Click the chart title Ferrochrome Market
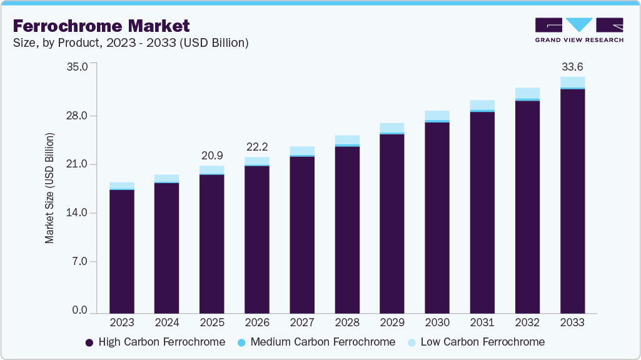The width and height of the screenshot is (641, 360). [x=101, y=26]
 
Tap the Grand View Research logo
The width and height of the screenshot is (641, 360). [x=578, y=30]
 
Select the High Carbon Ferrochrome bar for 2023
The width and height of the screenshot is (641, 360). [x=122, y=250]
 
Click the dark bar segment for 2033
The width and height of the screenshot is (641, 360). [x=572, y=200]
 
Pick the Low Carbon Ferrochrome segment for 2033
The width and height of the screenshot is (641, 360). [x=572, y=82]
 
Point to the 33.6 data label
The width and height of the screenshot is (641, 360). [x=572, y=67]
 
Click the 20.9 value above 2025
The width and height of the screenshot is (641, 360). [x=212, y=155]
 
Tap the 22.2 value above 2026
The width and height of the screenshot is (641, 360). [x=257, y=146]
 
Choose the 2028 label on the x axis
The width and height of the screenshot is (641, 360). [x=347, y=323]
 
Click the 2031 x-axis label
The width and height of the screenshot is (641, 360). [x=482, y=323]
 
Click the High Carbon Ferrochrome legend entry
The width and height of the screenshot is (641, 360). [x=154, y=342]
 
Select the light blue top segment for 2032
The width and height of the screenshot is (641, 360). [x=527, y=93]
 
